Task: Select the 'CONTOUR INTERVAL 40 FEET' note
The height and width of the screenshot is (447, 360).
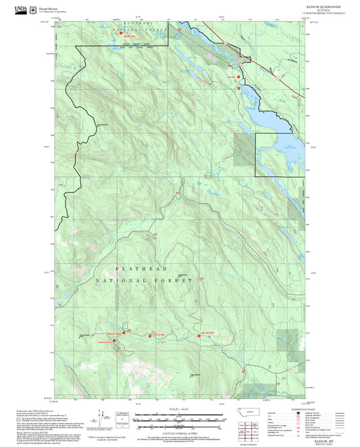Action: tap(177, 431)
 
